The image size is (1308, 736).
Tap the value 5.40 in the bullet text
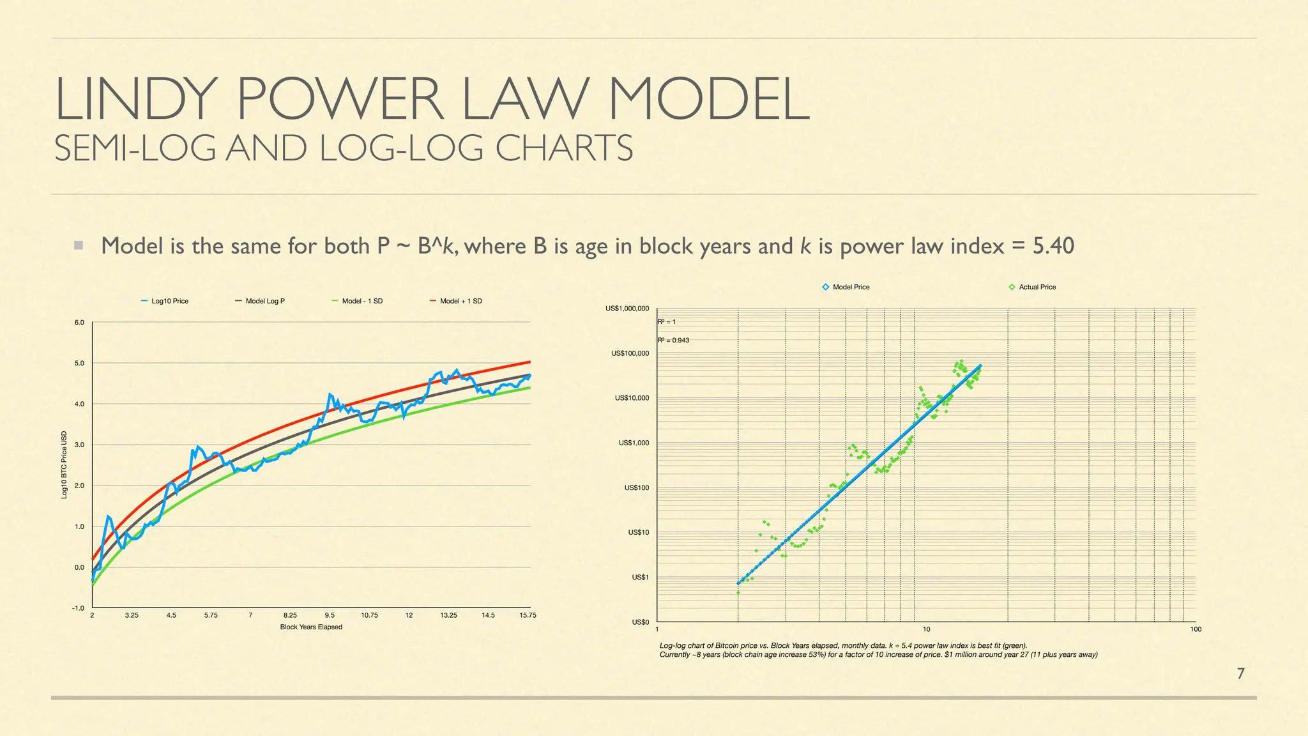[x=1053, y=246]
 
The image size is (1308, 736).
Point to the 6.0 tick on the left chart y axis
[x=79, y=323]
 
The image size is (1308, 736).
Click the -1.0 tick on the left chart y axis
[x=78, y=608]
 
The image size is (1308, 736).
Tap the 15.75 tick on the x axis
[x=528, y=615]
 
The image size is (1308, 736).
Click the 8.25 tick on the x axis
[x=290, y=615]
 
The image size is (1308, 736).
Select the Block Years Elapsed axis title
[x=311, y=627]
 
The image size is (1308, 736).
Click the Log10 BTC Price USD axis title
[x=64, y=465]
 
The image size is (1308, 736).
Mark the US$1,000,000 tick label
[x=627, y=309]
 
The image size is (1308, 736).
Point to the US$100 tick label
[x=636, y=488]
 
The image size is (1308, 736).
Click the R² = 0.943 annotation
[x=673, y=341]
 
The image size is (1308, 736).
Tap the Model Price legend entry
[x=850, y=287]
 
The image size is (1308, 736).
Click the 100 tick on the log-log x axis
[x=1196, y=629]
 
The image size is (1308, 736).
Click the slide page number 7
[x=1240, y=673]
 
